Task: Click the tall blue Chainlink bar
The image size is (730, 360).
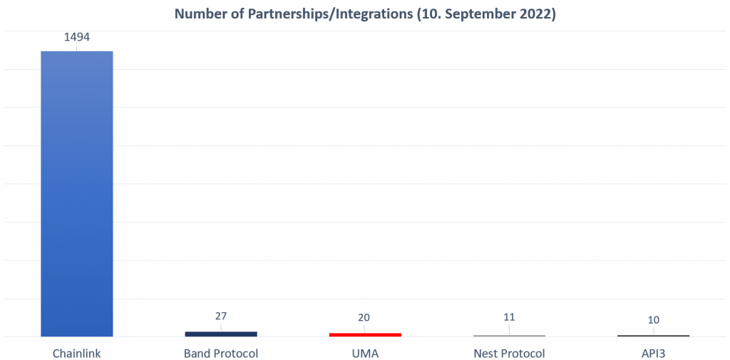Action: pos(76,193)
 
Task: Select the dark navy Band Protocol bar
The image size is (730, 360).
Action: pos(220,334)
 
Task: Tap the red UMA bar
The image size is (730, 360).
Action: pos(365,334)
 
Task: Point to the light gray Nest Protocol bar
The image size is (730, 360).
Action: pos(509,335)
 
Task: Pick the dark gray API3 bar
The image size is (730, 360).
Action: pos(653,335)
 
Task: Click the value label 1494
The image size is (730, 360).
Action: pos(76,37)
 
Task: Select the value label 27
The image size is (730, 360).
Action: pos(220,316)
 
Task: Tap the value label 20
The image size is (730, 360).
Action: pos(365,318)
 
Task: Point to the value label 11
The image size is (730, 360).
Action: pos(509,318)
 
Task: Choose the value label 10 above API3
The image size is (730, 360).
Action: pos(653,319)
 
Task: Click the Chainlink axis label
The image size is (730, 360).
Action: pos(76,354)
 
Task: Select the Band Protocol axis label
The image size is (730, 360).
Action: pos(220,354)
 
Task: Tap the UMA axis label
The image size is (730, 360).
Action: pos(365,354)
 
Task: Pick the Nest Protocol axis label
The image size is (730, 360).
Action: pos(509,354)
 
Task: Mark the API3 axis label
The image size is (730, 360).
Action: pos(653,354)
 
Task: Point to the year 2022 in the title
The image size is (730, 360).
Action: pos(536,14)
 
